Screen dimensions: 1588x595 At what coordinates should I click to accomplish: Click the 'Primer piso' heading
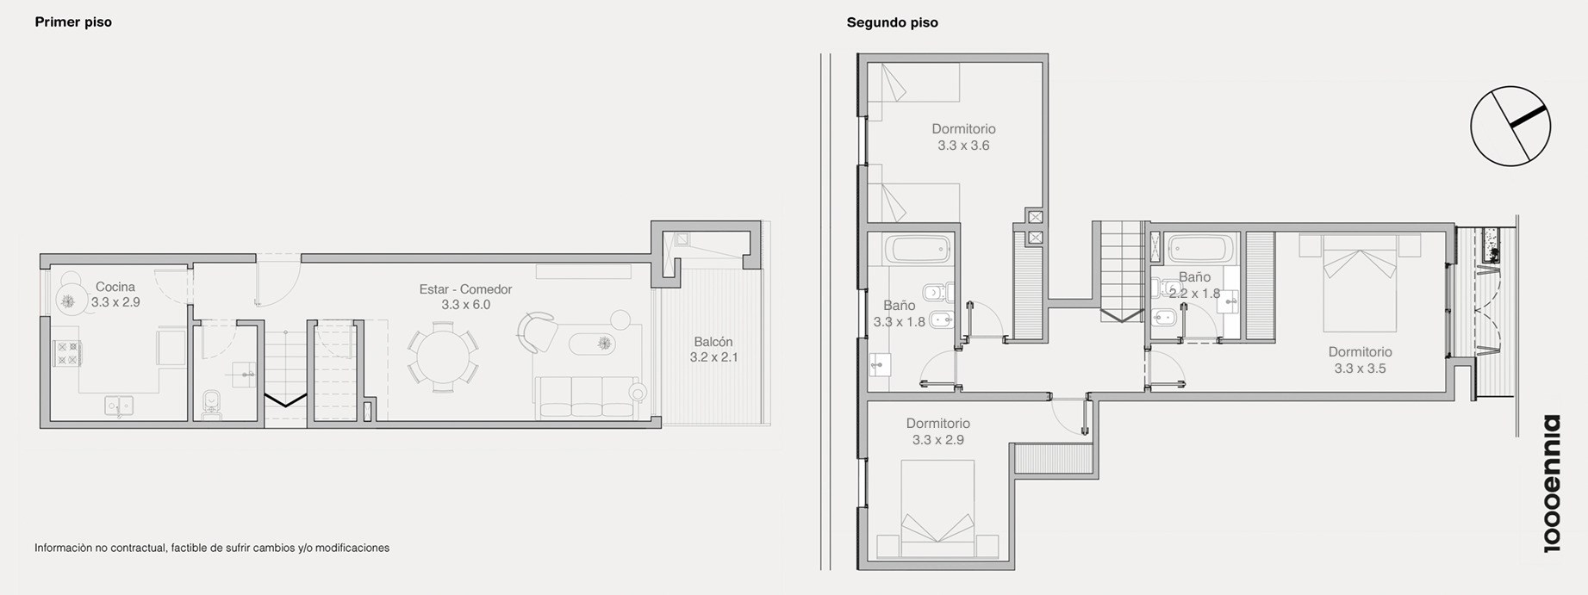click(x=73, y=22)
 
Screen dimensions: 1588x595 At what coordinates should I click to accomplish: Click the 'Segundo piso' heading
click(x=892, y=23)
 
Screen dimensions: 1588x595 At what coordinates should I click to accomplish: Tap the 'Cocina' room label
click(x=115, y=287)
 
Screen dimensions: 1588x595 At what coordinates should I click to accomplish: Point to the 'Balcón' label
click(x=713, y=342)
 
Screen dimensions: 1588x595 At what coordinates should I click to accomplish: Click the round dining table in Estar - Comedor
click(x=443, y=356)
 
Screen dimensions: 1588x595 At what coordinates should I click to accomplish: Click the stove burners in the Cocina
click(x=68, y=353)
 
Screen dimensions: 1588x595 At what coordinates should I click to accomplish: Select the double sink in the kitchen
click(x=118, y=405)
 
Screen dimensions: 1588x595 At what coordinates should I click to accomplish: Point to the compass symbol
click(x=1510, y=126)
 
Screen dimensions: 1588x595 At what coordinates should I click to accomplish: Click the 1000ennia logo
click(x=1550, y=483)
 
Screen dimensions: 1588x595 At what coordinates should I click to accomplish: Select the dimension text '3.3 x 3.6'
click(x=963, y=146)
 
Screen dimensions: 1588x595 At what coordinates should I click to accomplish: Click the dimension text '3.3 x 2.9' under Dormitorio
click(x=937, y=440)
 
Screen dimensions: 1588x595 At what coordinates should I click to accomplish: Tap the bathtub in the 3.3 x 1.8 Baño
click(x=921, y=250)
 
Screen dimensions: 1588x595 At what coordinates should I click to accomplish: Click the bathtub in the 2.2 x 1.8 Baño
click(x=1199, y=250)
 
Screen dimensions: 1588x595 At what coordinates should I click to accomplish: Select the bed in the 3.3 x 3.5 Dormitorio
click(x=1359, y=282)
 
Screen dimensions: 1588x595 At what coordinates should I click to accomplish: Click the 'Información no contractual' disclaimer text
click(x=212, y=548)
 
